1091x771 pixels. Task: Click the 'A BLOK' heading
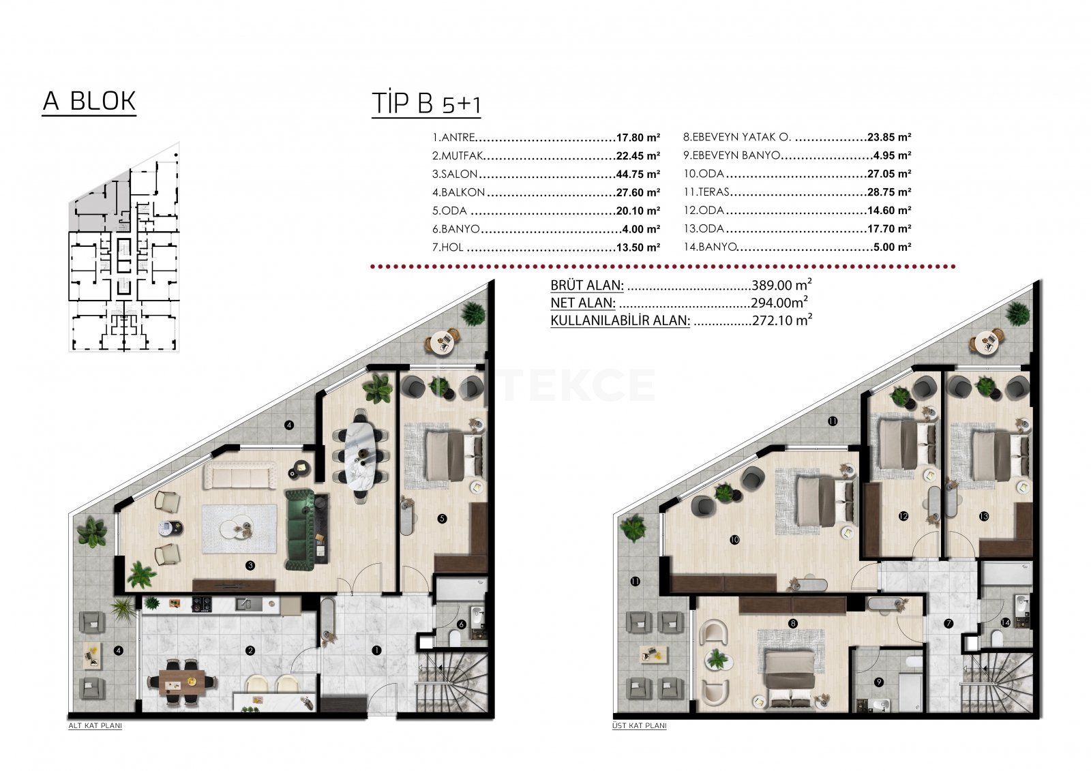click(x=89, y=102)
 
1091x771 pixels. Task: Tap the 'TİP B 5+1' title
click(x=426, y=104)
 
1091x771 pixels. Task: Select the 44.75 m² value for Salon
click(x=638, y=175)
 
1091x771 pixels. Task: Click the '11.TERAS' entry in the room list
click(x=706, y=192)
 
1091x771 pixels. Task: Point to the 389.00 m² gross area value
click(x=781, y=284)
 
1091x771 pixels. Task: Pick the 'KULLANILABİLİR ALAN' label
click(x=620, y=320)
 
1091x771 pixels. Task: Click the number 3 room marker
click(x=250, y=565)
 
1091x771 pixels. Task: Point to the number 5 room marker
click(x=443, y=519)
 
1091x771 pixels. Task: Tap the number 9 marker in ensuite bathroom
click(x=879, y=682)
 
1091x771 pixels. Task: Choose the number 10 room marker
click(x=735, y=540)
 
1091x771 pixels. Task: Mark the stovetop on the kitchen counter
click(x=201, y=605)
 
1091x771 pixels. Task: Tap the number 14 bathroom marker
click(x=1005, y=622)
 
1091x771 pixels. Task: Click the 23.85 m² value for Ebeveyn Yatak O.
click(x=889, y=137)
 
